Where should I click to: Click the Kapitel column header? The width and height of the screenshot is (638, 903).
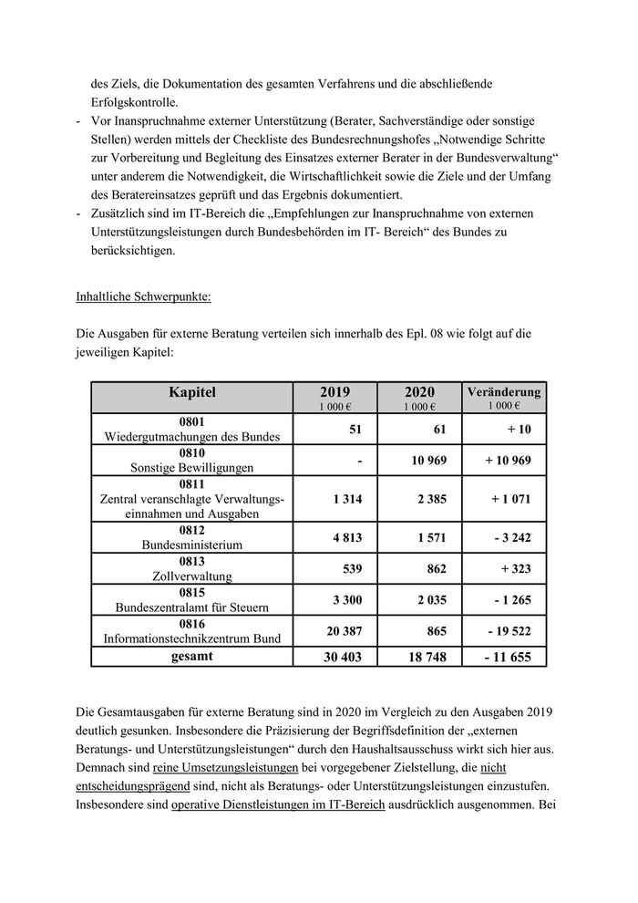(191, 393)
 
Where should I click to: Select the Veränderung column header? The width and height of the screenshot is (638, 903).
(503, 393)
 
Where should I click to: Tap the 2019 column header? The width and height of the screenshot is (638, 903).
(334, 393)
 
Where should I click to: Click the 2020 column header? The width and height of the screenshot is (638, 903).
(419, 393)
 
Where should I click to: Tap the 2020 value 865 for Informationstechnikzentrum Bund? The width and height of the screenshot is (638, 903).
(436, 630)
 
